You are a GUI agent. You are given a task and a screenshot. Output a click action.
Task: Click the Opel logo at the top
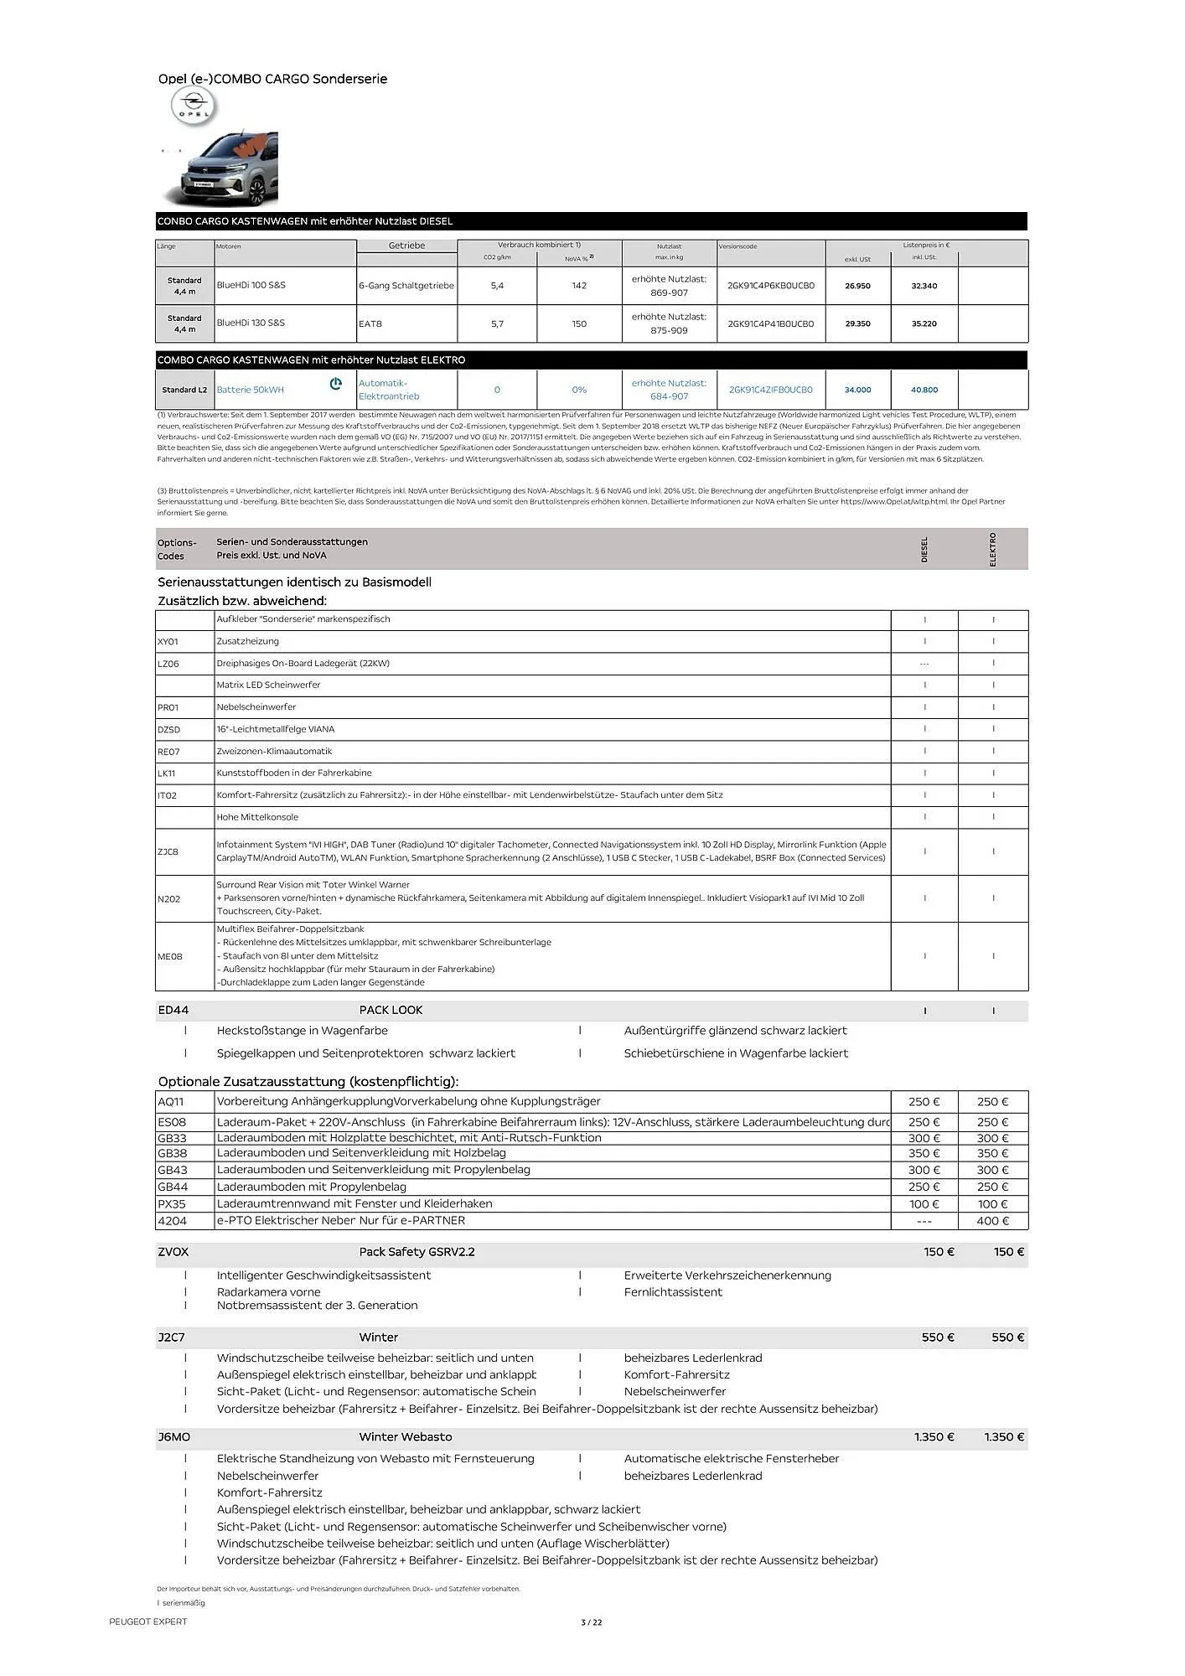click(194, 107)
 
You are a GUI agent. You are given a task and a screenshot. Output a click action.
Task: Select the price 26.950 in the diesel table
click(857, 286)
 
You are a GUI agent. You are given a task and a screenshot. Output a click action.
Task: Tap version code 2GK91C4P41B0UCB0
click(770, 323)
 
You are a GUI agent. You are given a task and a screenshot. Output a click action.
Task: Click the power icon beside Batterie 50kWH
click(336, 384)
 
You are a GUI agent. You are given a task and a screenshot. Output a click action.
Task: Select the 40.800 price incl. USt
click(924, 390)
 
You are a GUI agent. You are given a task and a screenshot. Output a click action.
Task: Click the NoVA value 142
click(579, 286)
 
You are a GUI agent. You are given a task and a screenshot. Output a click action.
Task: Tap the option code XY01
click(168, 642)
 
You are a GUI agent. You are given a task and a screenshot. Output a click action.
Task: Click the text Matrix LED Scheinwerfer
click(268, 685)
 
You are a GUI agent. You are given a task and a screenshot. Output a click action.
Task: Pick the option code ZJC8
click(168, 851)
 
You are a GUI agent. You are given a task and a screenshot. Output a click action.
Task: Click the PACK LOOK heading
click(391, 1010)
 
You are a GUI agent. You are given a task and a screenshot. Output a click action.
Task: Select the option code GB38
click(172, 1153)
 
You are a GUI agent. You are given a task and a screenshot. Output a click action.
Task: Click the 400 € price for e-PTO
click(992, 1221)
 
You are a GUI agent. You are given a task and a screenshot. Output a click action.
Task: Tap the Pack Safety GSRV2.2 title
click(417, 1252)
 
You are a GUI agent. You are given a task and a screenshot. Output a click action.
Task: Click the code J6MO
click(173, 1436)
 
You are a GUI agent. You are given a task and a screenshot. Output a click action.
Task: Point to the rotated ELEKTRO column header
click(993, 549)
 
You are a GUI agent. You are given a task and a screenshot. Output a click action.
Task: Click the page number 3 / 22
click(592, 1622)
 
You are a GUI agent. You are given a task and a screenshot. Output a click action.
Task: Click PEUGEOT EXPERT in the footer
click(147, 1622)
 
